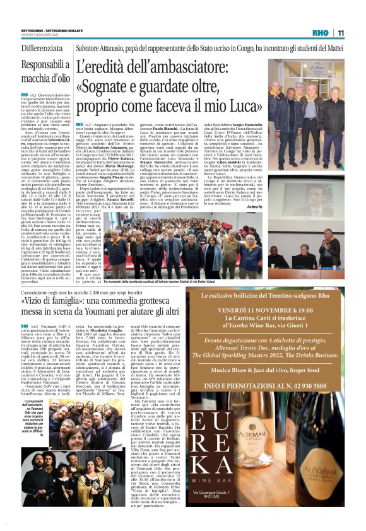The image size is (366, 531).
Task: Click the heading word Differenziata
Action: pyautogui.click(x=42, y=49)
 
